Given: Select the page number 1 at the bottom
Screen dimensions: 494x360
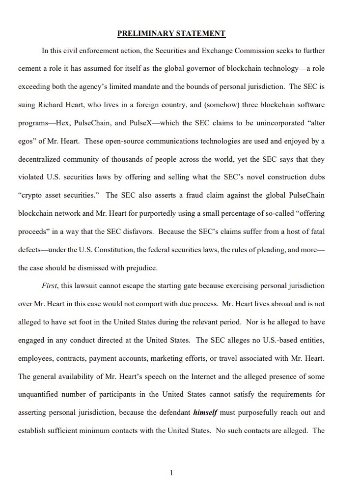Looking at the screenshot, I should (x=171, y=473).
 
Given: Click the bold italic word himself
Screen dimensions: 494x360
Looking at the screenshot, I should (x=206, y=412).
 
